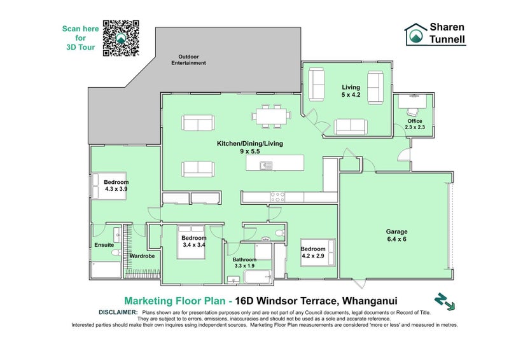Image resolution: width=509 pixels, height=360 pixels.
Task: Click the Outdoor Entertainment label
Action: click(x=192, y=60)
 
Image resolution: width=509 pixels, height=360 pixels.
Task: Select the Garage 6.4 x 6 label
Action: click(x=396, y=235)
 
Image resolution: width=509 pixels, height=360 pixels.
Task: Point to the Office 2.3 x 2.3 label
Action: click(x=415, y=124)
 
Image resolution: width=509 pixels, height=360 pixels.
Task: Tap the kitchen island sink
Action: click(x=266, y=165)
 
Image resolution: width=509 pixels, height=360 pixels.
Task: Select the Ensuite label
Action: click(x=103, y=244)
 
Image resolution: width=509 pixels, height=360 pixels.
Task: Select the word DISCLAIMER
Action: click(x=118, y=312)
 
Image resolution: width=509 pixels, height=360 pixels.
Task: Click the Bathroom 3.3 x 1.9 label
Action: click(x=244, y=263)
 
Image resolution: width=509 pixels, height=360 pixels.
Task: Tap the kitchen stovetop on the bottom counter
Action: click(x=278, y=195)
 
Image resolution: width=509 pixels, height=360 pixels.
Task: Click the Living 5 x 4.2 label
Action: click(x=351, y=91)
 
